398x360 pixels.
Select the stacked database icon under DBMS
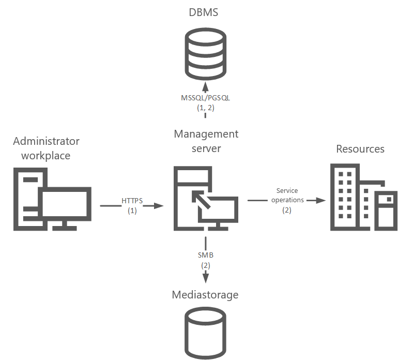[205, 55]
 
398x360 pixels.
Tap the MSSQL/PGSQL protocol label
[205, 98]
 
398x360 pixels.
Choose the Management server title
[206, 141]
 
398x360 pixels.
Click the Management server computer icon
[205, 199]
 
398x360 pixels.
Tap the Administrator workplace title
[46, 148]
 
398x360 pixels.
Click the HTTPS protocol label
[132, 201]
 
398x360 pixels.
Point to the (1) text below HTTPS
[132, 211]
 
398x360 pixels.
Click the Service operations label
[287, 196]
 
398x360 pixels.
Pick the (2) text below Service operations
[287, 210]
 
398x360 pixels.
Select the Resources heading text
[360, 149]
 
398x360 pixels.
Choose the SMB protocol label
[205, 255]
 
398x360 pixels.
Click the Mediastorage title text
[205, 295]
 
